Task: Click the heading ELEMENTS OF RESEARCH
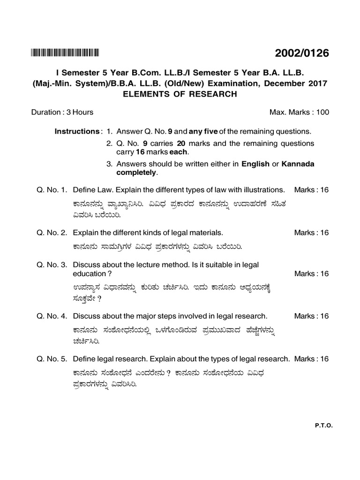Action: [x=180, y=94]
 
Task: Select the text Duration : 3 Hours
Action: [x=62, y=112]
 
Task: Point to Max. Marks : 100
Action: [x=299, y=112]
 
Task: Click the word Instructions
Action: [x=76, y=131]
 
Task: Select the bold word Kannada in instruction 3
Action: [x=298, y=164]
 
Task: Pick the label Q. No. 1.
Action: [x=52, y=190]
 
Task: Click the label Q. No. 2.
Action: [x=52, y=232]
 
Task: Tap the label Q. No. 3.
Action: [x=52, y=265]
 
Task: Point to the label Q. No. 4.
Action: [x=52, y=316]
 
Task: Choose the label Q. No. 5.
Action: [x=52, y=359]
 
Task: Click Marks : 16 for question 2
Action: [x=311, y=232]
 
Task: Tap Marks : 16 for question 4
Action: [x=311, y=316]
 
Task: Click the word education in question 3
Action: [x=90, y=274]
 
